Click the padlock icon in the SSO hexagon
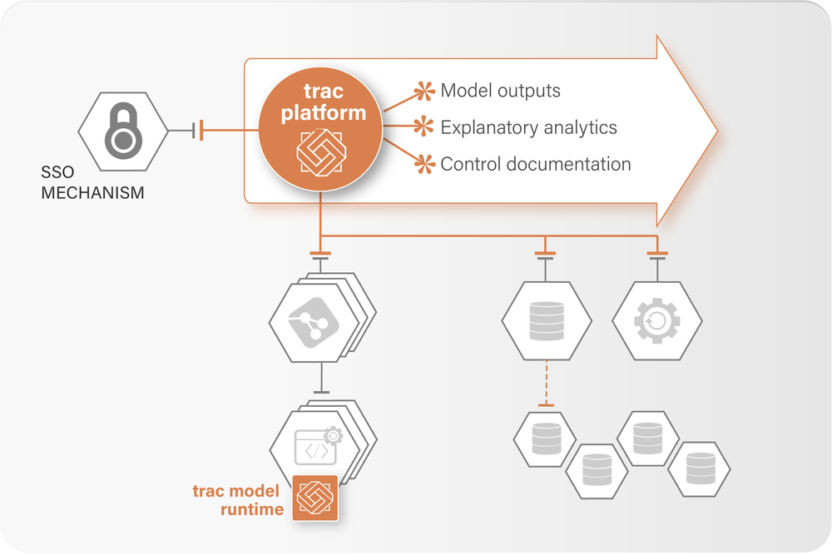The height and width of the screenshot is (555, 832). (124, 131)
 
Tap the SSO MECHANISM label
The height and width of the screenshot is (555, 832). (92, 182)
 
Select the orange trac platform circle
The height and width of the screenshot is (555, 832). (320, 129)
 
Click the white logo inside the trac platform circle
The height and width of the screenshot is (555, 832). (321, 152)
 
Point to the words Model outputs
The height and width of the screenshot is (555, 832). (500, 91)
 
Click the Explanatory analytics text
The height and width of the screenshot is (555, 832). (528, 127)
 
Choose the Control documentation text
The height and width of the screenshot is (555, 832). (536, 164)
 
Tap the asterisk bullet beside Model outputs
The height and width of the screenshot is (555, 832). (424, 92)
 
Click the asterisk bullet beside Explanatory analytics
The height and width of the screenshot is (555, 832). (424, 126)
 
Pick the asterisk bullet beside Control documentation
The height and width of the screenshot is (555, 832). (424, 163)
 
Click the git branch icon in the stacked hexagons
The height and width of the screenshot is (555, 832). (313, 323)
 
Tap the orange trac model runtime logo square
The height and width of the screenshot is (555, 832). (315, 498)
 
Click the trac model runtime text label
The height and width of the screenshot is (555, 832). (238, 500)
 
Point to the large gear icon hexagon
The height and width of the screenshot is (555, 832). (657, 321)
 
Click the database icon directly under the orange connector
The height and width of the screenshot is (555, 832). (547, 321)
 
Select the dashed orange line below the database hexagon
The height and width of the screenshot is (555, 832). (546, 383)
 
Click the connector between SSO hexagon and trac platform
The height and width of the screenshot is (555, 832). (213, 130)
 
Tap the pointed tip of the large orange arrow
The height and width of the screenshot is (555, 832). (717, 131)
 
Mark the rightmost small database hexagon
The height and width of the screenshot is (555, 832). (699, 469)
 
